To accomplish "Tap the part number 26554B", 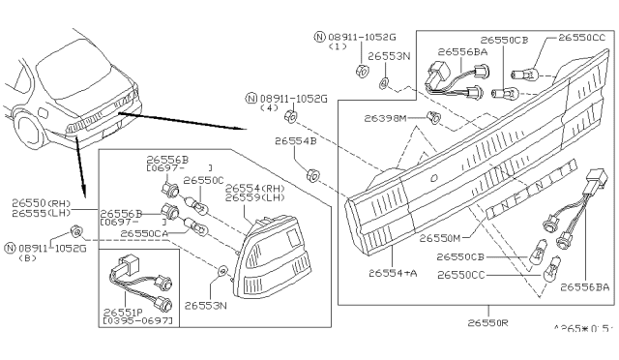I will (295, 140).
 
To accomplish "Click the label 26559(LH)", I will (256, 197).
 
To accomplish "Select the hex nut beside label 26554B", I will (312, 176).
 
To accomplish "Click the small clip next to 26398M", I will (435, 118).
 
